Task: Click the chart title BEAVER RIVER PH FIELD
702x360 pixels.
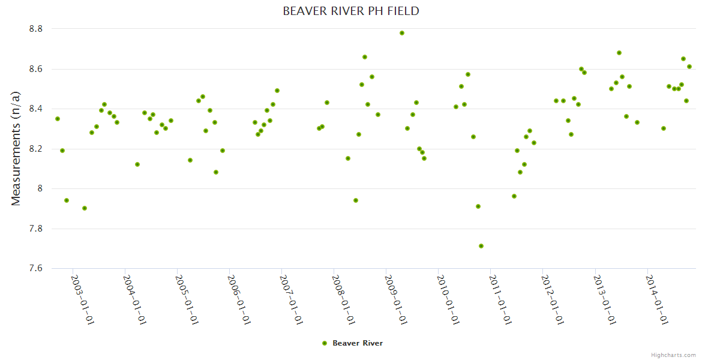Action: click(x=350, y=11)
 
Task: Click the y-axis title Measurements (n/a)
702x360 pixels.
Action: click(x=16, y=148)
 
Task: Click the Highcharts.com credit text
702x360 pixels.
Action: click(x=673, y=355)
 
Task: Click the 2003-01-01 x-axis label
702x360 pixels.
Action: click(x=83, y=299)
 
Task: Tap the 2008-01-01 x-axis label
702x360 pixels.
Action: click(x=344, y=299)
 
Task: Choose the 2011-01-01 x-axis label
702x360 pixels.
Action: click(x=500, y=299)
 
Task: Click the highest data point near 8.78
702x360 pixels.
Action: click(x=402, y=33)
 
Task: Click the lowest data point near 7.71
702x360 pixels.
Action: click(x=481, y=246)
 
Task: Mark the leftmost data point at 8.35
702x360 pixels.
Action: click(x=58, y=119)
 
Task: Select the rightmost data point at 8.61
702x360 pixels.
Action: click(x=689, y=67)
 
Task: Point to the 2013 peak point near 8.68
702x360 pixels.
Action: click(x=619, y=53)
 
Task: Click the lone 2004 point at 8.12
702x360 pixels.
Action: click(x=137, y=164)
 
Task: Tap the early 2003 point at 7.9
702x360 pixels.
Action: click(x=85, y=208)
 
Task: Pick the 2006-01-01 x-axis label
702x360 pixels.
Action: click(x=239, y=299)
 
